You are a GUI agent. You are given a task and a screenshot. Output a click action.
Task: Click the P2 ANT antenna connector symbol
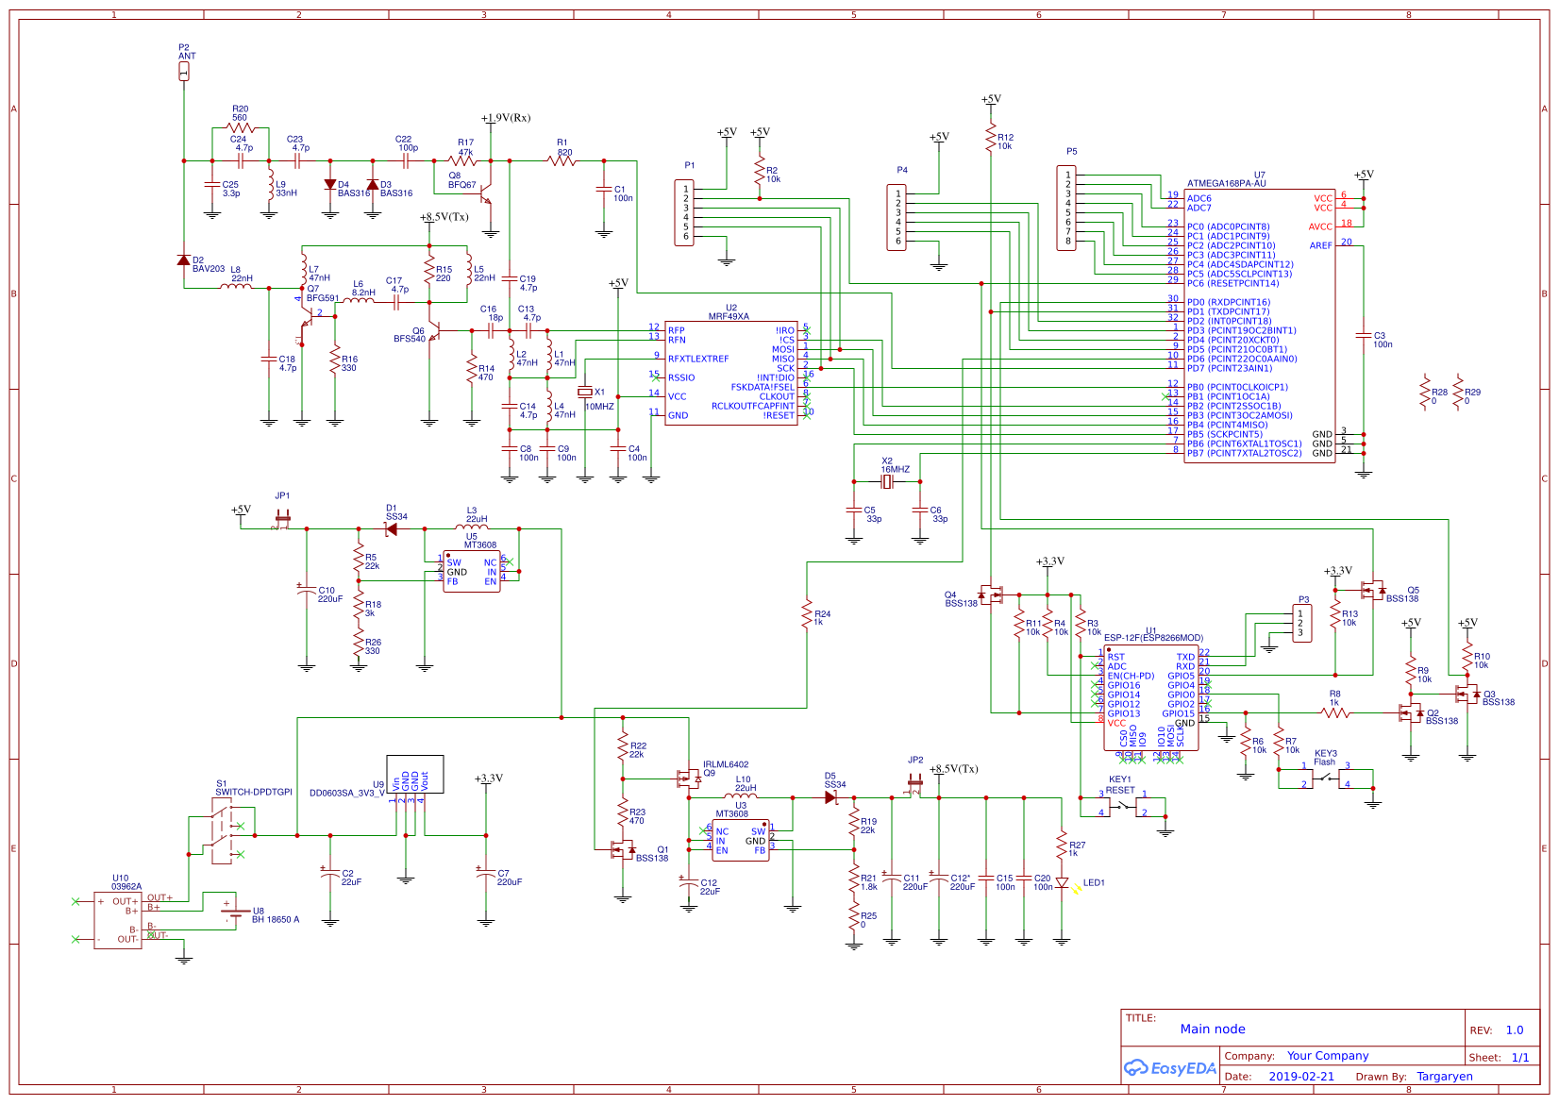coord(184,71)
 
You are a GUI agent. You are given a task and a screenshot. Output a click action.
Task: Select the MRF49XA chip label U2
coord(731,309)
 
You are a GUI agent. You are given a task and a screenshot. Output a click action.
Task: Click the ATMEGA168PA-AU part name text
coord(1226,184)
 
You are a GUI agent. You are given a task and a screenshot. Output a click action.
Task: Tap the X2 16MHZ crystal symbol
coord(886,482)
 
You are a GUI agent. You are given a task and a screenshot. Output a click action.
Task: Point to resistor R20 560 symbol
coord(241,127)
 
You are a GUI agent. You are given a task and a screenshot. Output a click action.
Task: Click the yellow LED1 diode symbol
coord(1063,884)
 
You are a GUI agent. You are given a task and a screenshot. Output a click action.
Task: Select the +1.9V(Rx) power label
coord(506,118)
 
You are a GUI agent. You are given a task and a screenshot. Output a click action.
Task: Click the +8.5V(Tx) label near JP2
coord(954,769)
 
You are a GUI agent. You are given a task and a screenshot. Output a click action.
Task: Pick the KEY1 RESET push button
coord(1123,806)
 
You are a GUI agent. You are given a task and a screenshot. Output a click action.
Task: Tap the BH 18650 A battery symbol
coord(229,908)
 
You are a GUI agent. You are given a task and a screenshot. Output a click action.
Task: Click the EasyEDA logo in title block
coord(1169,1068)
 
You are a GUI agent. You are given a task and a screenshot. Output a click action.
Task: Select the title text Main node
coord(1212,1030)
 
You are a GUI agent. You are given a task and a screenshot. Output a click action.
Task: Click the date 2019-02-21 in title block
coord(1300,1077)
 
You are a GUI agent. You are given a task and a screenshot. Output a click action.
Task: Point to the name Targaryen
coord(1444,1077)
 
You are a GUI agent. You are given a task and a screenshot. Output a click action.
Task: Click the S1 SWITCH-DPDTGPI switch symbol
coord(221,830)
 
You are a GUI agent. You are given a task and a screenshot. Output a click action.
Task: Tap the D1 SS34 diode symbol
coord(391,529)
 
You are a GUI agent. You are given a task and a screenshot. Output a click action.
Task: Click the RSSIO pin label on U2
coord(681,377)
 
